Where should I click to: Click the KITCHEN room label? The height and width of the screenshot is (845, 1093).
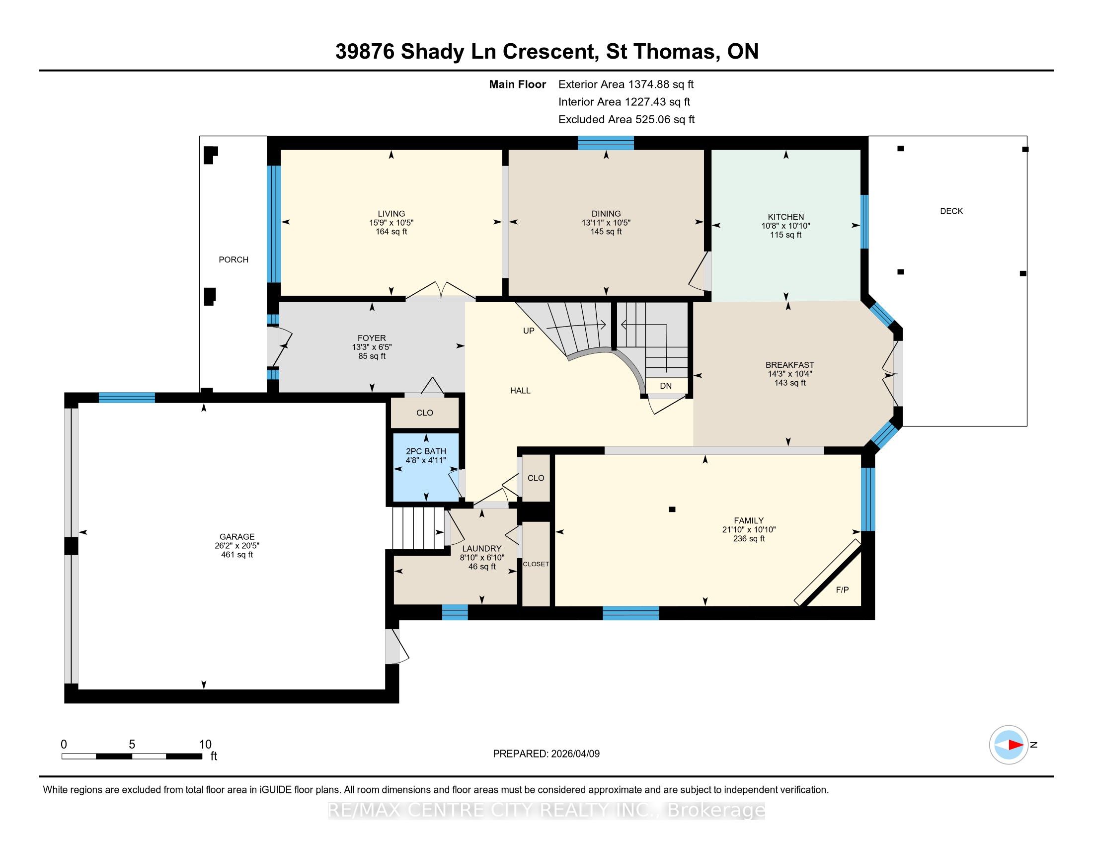coord(786,217)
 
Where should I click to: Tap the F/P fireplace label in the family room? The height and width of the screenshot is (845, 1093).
coord(842,590)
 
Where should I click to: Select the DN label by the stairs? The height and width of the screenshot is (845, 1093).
coord(666,385)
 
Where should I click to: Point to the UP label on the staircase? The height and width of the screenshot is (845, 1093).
coord(529,331)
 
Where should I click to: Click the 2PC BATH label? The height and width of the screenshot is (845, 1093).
coord(426,451)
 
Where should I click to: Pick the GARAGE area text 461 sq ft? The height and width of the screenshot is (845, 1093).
coord(237,555)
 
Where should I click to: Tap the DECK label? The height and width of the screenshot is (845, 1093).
coord(951,211)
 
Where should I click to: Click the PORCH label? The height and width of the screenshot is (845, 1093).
coord(234,259)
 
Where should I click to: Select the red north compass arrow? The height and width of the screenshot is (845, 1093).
coord(1015,745)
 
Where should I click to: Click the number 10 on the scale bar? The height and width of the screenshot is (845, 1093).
coord(205,745)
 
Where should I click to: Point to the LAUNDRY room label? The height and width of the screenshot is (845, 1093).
coord(482,549)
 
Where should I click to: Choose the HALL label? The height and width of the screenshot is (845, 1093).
coord(521,391)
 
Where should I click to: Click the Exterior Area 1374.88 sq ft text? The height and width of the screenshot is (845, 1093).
coord(626,84)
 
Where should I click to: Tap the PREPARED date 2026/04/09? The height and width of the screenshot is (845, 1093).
coord(574,754)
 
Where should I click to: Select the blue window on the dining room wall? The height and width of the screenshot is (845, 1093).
coord(606,143)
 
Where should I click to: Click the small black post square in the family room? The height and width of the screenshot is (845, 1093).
coord(672,509)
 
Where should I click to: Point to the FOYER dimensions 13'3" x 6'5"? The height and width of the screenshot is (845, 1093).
coord(372,347)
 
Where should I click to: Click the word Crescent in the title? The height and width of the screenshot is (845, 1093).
coord(550,52)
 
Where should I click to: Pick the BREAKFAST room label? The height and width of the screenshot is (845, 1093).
coord(790,365)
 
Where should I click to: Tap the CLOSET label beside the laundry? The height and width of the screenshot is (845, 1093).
coord(536,564)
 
